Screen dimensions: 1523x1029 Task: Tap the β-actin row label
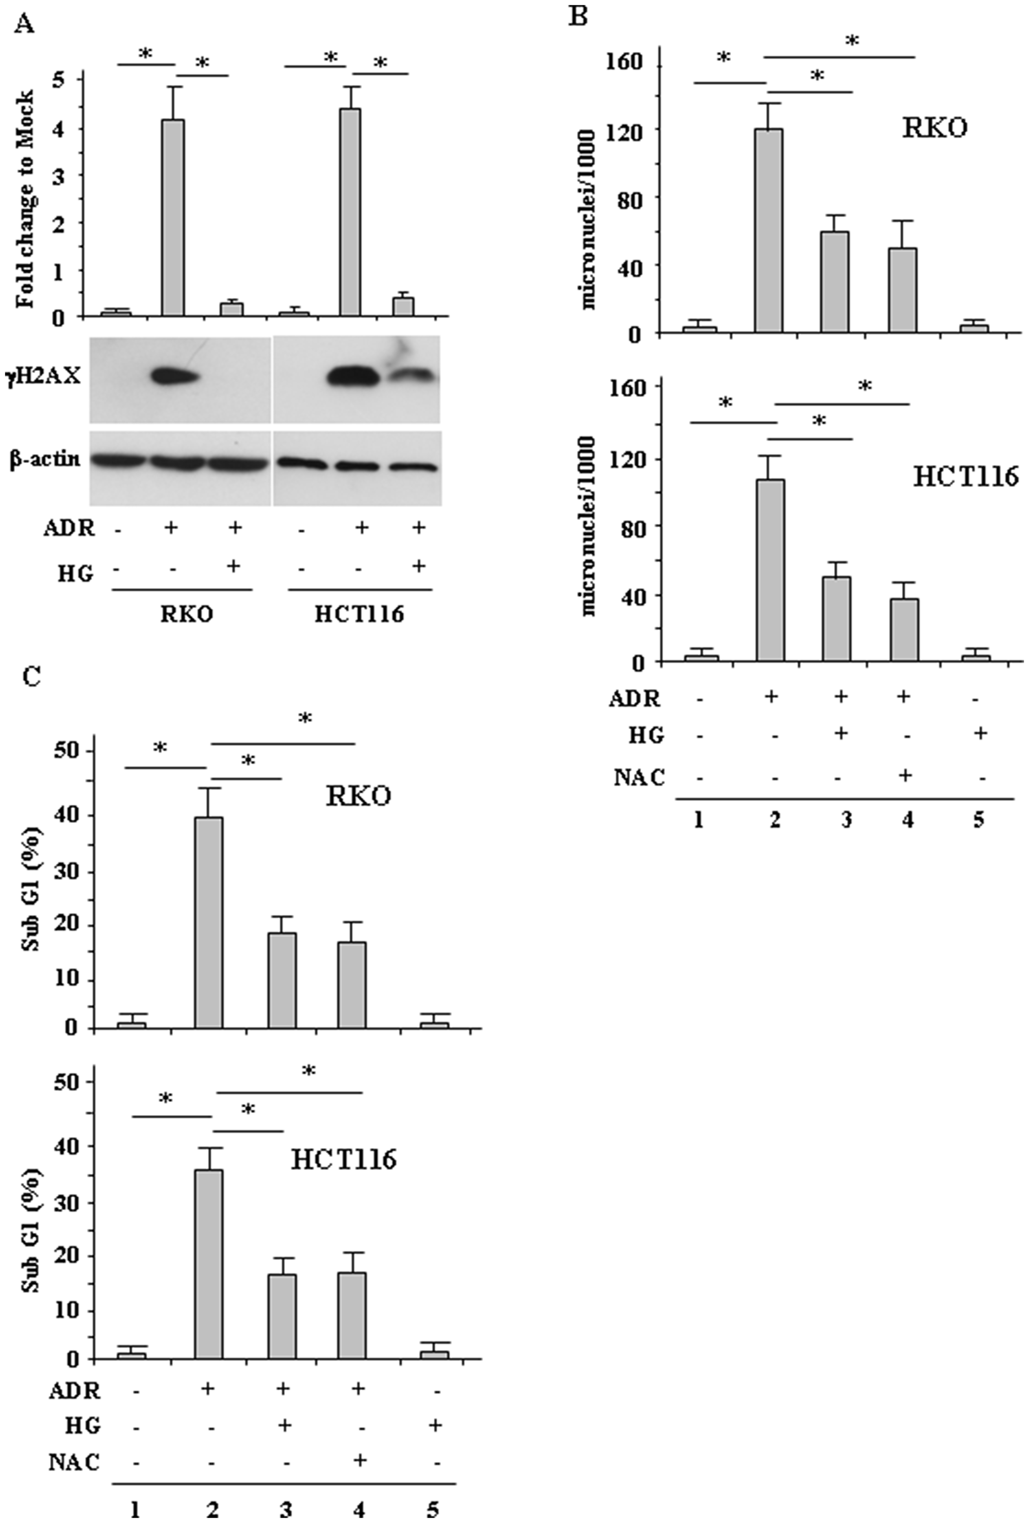pyautogui.click(x=45, y=459)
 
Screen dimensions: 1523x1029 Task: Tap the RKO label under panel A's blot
pyautogui.click(x=187, y=614)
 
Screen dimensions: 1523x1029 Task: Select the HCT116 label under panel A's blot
pyautogui.click(x=359, y=614)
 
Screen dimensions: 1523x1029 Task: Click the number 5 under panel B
pyautogui.click(x=979, y=821)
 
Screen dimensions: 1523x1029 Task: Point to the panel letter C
pyautogui.click(x=31, y=676)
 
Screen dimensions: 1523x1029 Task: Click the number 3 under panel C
pyautogui.click(x=285, y=1506)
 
